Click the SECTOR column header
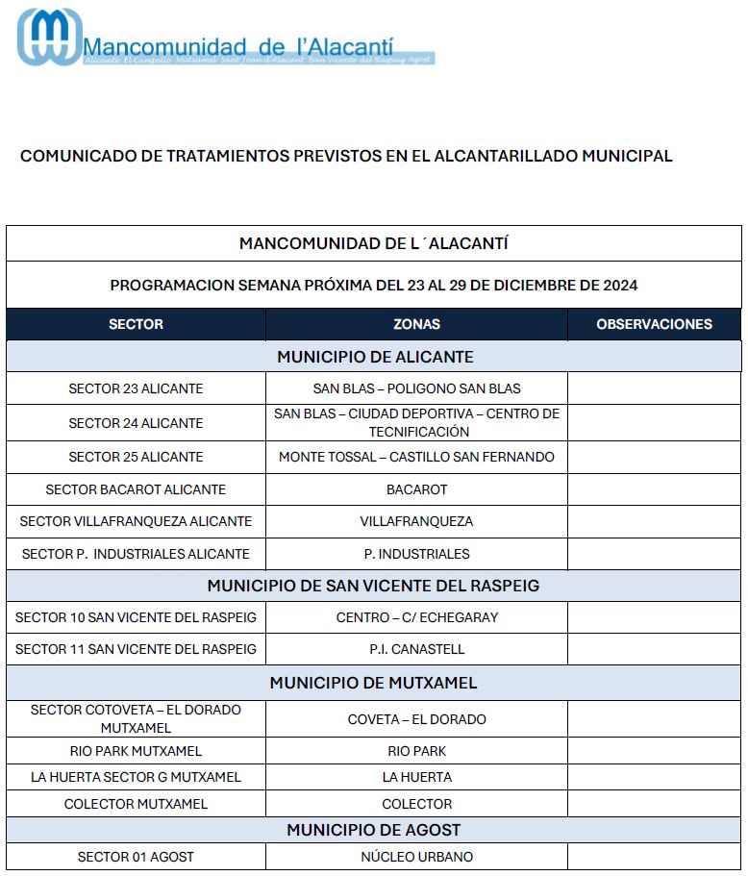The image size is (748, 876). [x=136, y=324]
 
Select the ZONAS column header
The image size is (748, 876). [x=416, y=324]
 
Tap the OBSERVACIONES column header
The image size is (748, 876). [x=654, y=324]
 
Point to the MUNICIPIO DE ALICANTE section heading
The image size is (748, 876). [x=375, y=357]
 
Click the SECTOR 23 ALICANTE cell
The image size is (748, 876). [x=136, y=388]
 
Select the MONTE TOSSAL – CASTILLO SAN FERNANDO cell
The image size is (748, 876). [x=416, y=457]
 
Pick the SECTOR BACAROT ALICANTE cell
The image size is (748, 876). [x=136, y=489]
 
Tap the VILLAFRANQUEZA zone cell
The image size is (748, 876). [x=416, y=521]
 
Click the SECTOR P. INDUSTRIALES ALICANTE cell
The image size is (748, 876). [x=136, y=554]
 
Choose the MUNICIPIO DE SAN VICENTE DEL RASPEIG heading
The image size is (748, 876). [x=373, y=586]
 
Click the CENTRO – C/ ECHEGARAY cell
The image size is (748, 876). [x=416, y=617]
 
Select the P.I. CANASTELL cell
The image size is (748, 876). [x=416, y=649]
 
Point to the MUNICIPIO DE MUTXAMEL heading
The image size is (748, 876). [x=373, y=684]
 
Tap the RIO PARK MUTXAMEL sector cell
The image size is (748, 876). [x=136, y=751]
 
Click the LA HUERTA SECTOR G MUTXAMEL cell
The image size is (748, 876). [x=136, y=777]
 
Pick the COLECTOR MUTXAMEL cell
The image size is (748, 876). [x=136, y=804]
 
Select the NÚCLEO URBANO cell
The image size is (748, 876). [x=416, y=857]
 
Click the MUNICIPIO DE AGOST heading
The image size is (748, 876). [x=373, y=830]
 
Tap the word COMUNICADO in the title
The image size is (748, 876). [x=72, y=156]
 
